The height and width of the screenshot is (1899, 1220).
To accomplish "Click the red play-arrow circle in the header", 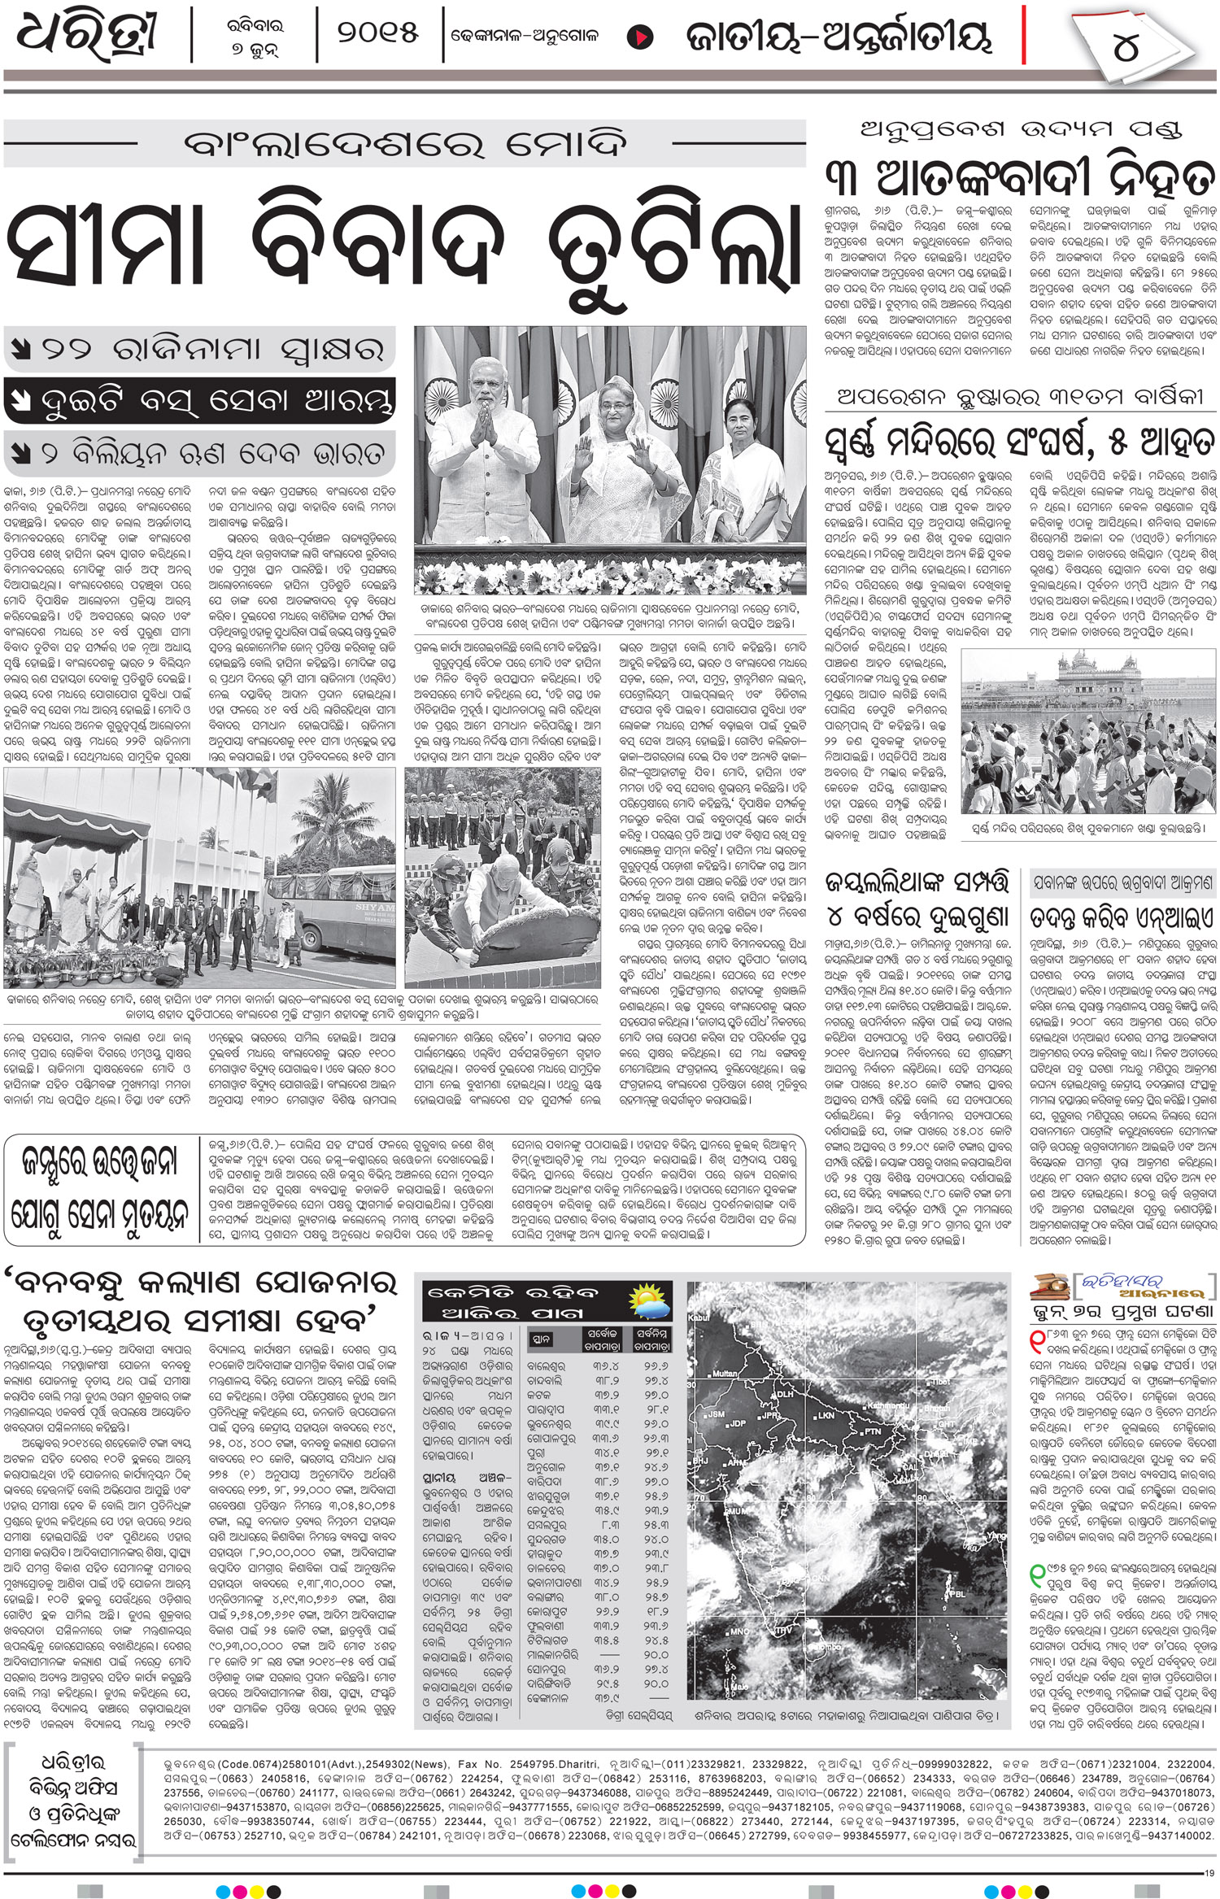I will click(641, 37).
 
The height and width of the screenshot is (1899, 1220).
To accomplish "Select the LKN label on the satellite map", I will click(826, 1415).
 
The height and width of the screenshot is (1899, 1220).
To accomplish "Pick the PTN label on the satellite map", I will click(872, 1430).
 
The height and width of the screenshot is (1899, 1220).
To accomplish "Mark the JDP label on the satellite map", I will click(738, 1423).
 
